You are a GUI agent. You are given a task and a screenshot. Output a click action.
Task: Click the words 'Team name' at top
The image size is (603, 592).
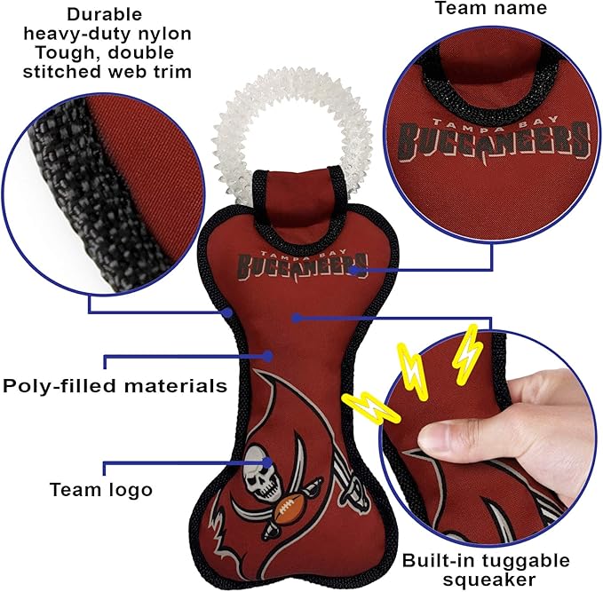tap(491, 9)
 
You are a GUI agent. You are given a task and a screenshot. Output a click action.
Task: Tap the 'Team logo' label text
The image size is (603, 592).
tap(101, 490)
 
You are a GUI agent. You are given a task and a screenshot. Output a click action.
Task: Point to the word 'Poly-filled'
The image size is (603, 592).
tap(60, 385)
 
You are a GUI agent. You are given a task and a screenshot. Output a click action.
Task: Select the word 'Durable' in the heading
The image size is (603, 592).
tap(105, 14)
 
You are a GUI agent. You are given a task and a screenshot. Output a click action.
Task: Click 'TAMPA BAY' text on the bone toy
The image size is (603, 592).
tap(303, 253)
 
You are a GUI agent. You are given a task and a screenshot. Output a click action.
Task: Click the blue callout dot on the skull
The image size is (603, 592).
tap(267, 462)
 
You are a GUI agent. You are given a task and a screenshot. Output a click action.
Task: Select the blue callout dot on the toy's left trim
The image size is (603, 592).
tap(228, 312)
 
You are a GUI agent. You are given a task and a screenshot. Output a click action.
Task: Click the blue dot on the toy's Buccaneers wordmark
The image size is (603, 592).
tap(354, 270)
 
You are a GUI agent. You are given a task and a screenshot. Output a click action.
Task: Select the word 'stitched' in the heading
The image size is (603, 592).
tap(58, 72)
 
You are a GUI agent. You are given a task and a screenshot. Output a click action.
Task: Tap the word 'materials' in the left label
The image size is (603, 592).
tap(175, 385)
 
